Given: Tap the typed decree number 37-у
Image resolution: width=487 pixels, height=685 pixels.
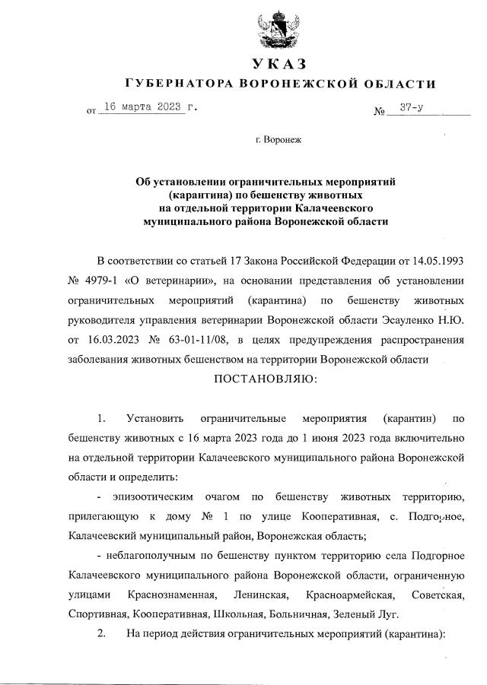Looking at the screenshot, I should click(412, 108).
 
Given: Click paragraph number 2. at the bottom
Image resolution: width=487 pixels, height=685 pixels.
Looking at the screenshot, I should click(102, 634).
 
